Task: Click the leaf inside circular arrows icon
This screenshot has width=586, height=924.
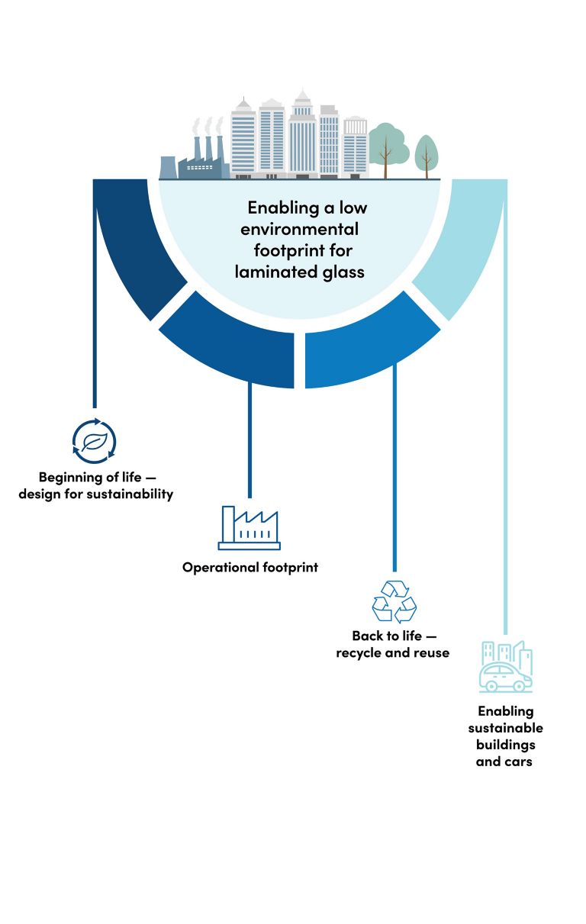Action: coord(94,442)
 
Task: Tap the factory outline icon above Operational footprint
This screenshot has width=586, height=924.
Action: coord(249,528)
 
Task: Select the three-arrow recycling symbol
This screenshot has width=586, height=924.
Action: coord(394,601)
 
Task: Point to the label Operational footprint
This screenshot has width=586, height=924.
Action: coord(250,568)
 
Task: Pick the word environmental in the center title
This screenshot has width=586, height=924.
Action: coord(300,228)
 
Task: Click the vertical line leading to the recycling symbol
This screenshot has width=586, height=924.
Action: coord(394,473)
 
